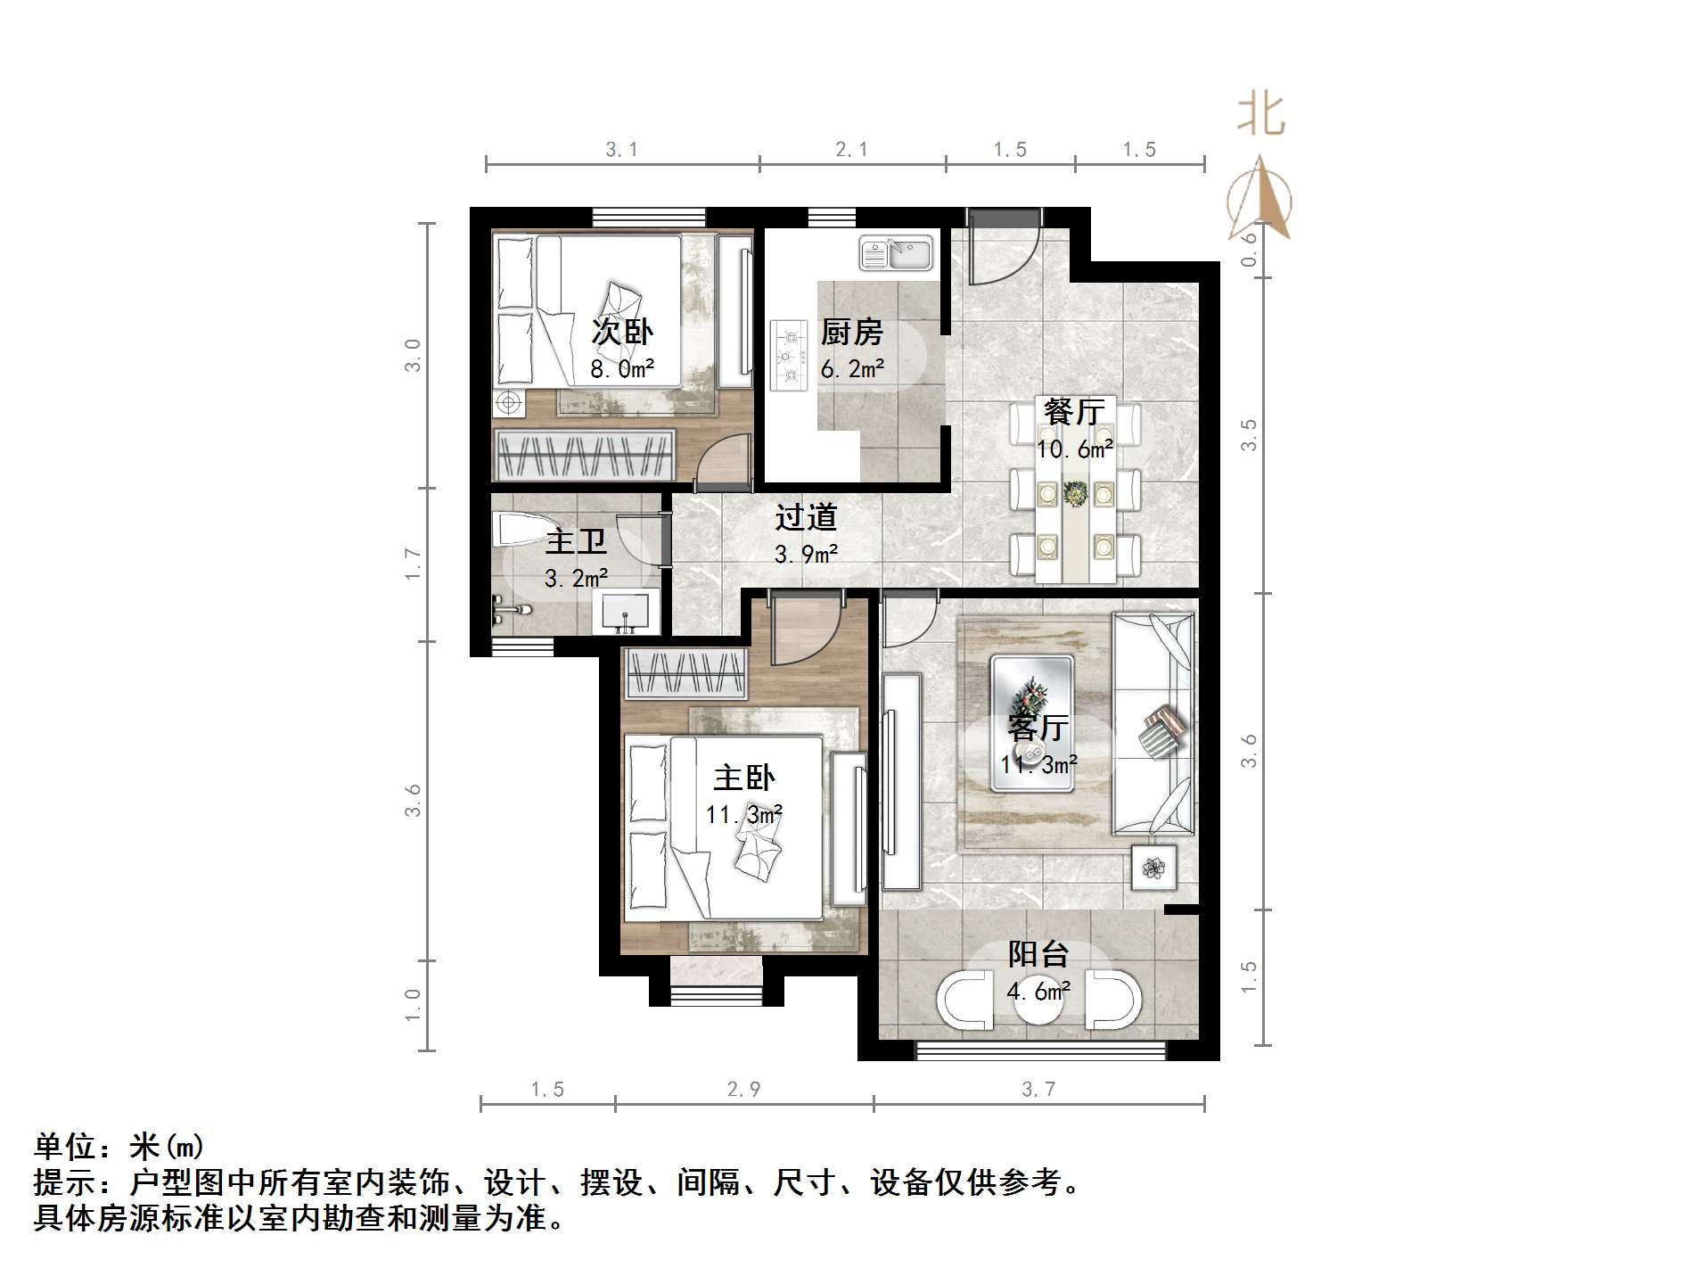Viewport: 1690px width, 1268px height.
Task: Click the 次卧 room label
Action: coord(622,333)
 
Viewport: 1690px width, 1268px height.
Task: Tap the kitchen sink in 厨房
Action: coord(896,253)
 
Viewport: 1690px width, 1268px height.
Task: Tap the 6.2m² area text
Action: coord(852,368)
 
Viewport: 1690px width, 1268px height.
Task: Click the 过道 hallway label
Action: coord(806,517)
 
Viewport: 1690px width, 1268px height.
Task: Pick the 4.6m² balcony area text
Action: coord(1038,991)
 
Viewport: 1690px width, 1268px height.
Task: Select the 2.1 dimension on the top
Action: coord(851,150)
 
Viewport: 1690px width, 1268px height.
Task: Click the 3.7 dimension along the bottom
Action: coord(1038,1089)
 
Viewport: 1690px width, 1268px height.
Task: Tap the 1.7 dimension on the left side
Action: coord(413,564)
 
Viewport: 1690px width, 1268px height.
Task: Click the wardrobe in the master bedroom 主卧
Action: coord(685,673)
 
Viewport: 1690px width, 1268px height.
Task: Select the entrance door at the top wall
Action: coord(1003,246)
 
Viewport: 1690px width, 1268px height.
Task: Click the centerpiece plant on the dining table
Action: coord(1075,492)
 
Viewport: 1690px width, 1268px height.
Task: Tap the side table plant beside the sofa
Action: coord(1154,867)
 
